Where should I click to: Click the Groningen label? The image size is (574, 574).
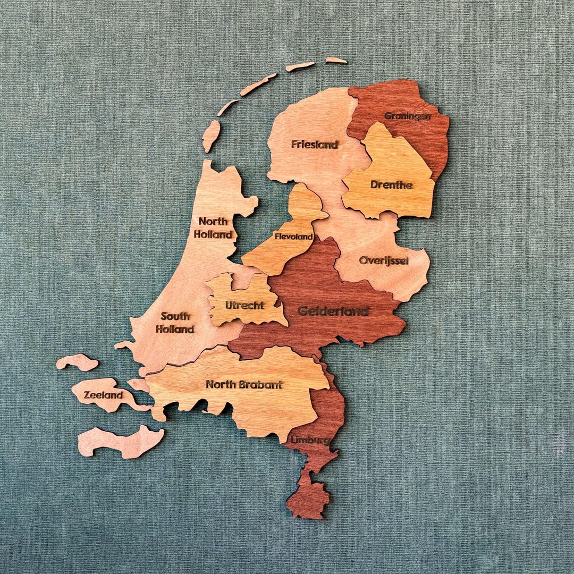408,116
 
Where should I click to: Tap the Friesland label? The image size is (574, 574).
315,144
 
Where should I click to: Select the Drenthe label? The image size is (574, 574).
391,185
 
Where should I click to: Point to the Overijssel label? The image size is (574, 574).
384,260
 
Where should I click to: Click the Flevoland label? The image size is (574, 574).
293,237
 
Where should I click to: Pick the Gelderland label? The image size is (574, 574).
333,311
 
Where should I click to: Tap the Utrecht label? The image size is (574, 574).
244,305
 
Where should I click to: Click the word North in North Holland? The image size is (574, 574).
213,221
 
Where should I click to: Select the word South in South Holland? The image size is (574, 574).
175,316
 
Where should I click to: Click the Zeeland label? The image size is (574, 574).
104,395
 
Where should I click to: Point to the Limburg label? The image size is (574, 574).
310,440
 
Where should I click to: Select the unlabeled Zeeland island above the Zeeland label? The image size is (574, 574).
78,362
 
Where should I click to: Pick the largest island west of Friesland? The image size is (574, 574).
211,135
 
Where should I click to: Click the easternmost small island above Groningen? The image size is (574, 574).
336,61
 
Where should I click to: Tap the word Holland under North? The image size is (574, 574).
213,234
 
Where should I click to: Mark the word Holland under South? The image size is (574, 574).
175,330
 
